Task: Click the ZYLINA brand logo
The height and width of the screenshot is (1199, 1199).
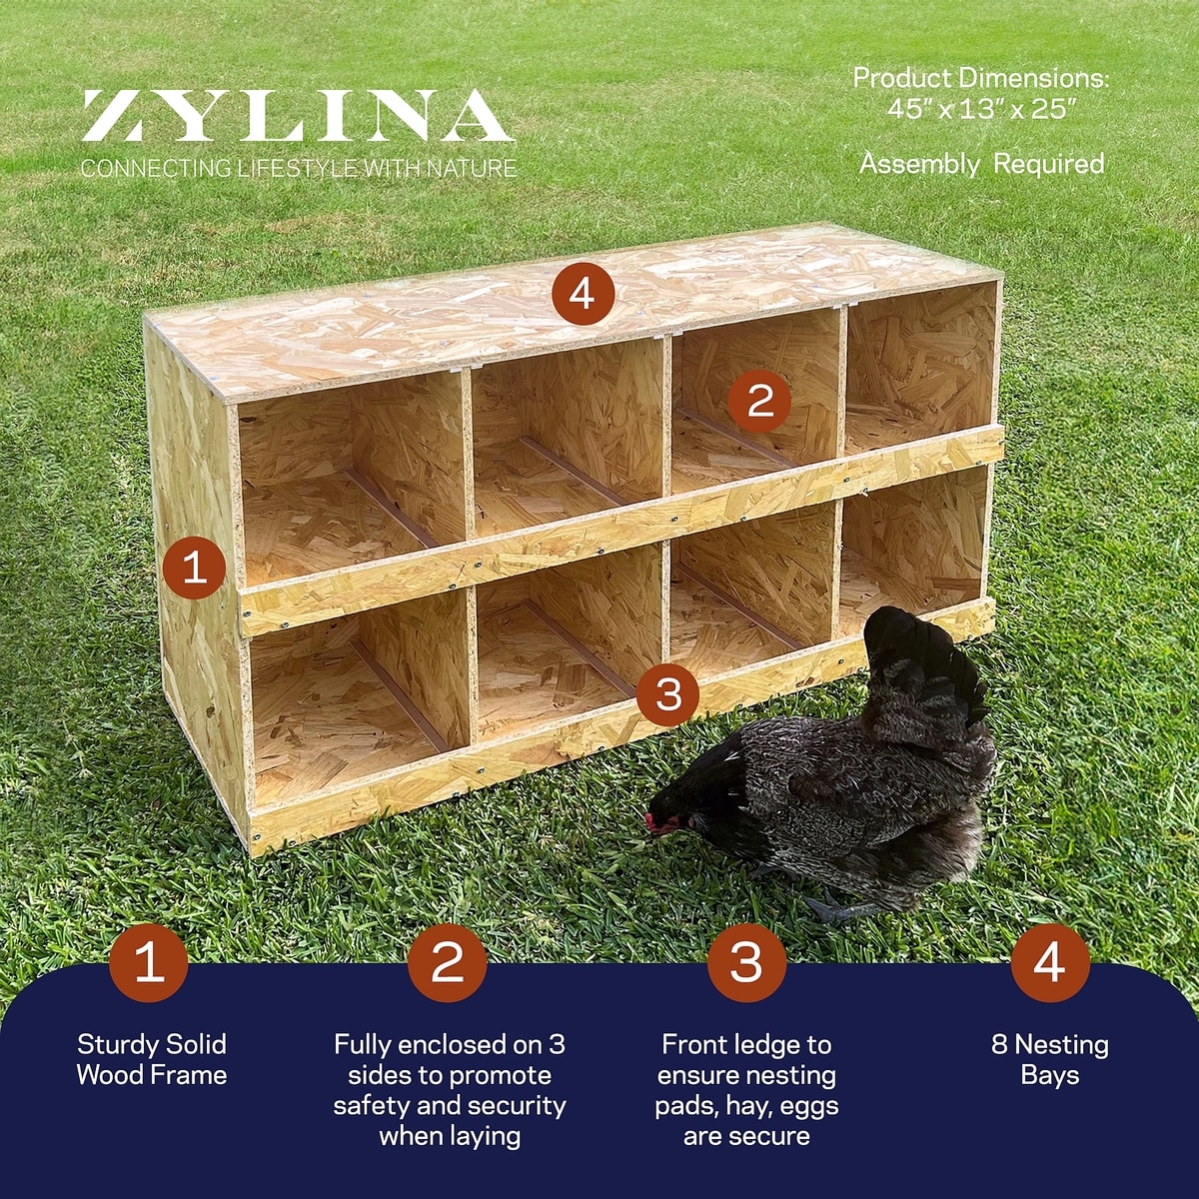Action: (x=298, y=116)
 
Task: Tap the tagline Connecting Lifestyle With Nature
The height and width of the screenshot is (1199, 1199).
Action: (x=299, y=168)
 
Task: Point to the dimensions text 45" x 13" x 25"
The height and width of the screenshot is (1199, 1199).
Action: (x=981, y=110)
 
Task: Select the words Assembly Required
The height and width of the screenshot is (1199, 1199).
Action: (x=982, y=164)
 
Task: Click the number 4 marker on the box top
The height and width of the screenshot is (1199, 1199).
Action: (x=583, y=294)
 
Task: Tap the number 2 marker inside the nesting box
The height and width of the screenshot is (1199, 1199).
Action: (x=759, y=401)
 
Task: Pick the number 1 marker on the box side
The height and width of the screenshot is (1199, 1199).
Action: (x=195, y=568)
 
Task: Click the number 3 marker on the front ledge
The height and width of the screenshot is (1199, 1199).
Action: (x=668, y=694)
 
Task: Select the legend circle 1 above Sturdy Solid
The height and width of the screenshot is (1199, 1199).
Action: (x=149, y=962)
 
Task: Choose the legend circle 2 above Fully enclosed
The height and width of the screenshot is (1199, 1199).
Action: (x=448, y=962)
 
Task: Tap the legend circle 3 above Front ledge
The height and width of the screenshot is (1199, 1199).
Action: (x=746, y=962)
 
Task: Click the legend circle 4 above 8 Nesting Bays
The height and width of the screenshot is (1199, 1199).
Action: (x=1050, y=962)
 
